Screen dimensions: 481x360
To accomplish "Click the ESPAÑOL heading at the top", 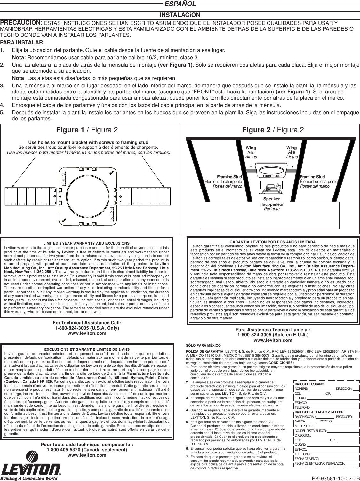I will (x=180, y=4).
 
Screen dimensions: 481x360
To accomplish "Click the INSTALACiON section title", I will (x=180, y=15).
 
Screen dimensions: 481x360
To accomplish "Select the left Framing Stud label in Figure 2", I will (x=229, y=177).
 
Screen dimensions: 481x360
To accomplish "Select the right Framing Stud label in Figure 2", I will (x=312, y=177).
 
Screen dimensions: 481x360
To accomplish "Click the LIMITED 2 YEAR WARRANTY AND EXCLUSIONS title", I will (x=86, y=244).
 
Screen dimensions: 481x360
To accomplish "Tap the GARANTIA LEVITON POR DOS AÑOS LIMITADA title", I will (x=273, y=242).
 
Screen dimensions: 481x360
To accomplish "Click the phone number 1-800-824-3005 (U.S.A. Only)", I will (x=87, y=328).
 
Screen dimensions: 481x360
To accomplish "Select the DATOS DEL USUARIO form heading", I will (x=309, y=384).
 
